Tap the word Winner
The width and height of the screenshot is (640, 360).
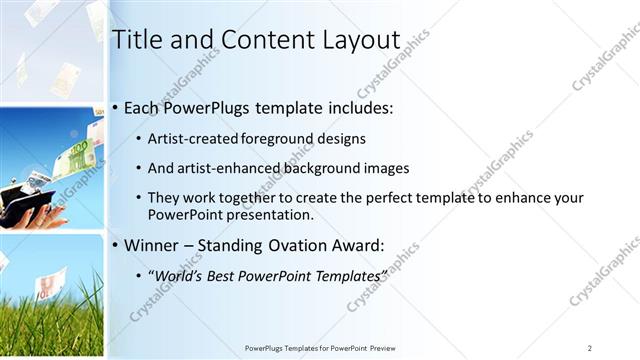[x=151, y=243]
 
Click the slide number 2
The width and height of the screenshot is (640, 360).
[x=590, y=347]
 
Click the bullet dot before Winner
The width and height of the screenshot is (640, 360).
[x=116, y=244]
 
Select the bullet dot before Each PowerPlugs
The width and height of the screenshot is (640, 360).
[x=116, y=108]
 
